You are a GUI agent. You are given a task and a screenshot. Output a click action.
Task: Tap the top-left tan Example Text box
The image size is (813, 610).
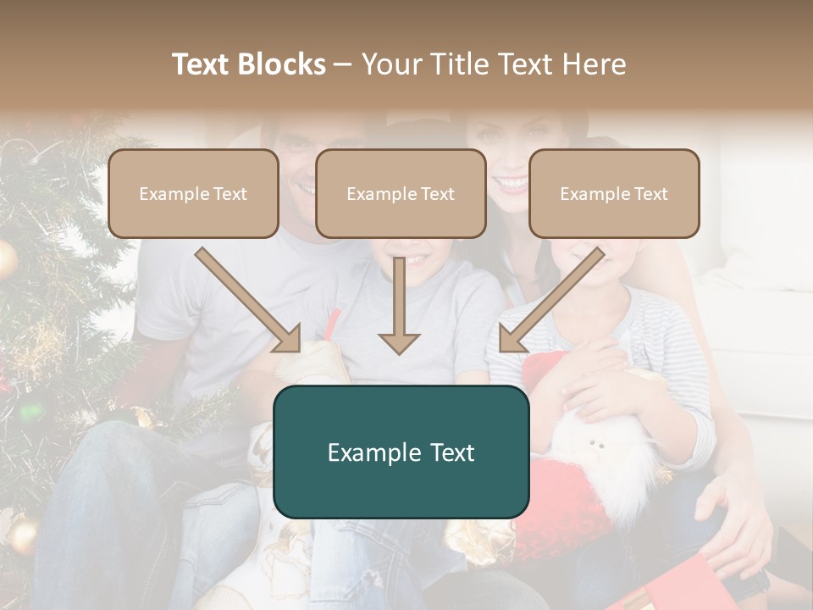[x=193, y=193]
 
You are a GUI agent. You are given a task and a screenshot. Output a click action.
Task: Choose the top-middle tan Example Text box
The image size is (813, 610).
[x=401, y=193]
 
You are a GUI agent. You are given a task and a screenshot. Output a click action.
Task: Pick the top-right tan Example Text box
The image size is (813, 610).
[x=614, y=193]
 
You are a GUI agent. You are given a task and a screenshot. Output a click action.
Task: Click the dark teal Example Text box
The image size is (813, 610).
[x=401, y=452]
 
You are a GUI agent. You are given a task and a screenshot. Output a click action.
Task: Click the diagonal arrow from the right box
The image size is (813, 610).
[x=551, y=300]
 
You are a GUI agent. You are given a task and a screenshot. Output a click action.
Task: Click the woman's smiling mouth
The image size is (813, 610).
[x=511, y=181]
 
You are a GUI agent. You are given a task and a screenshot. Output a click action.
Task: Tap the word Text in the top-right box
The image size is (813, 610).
[x=651, y=194]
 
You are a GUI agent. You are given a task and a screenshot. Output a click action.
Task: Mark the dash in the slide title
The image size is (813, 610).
[x=344, y=64]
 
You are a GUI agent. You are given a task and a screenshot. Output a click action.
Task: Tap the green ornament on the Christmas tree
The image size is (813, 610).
[x=30, y=412]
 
